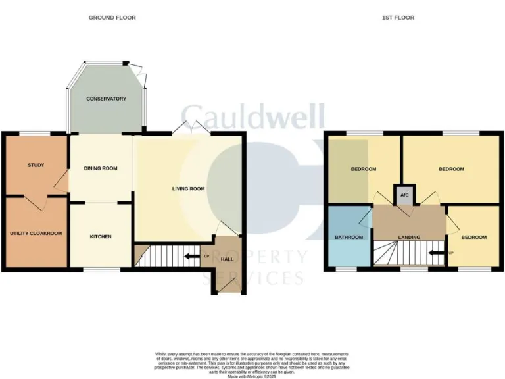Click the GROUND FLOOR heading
pyautogui.click(x=112, y=18)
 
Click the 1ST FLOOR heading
pyautogui.click(x=398, y=18)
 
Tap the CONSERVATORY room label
pyautogui.click(x=106, y=99)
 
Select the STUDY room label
pyautogui.click(x=36, y=165)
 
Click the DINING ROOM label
pyautogui.click(x=101, y=168)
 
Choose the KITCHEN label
pyautogui.click(x=101, y=236)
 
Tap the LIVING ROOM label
pyautogui.click(x=189, y=189)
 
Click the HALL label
pyautogui.click(x=227, y=259)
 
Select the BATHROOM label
pyautogui.click(x=349, y=237)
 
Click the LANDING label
pyautogui.click(x=410, y=237)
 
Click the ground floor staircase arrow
pyautogui.click(x=191, y=256)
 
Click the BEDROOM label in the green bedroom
pyautogui.click(x=363, y=169)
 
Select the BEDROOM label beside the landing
pyautogui.click(x=473, y=237)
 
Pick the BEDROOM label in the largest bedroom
pyautogui.click(x=451, y=169)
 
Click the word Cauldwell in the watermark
pyautogui.click(x=252, y=117)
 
